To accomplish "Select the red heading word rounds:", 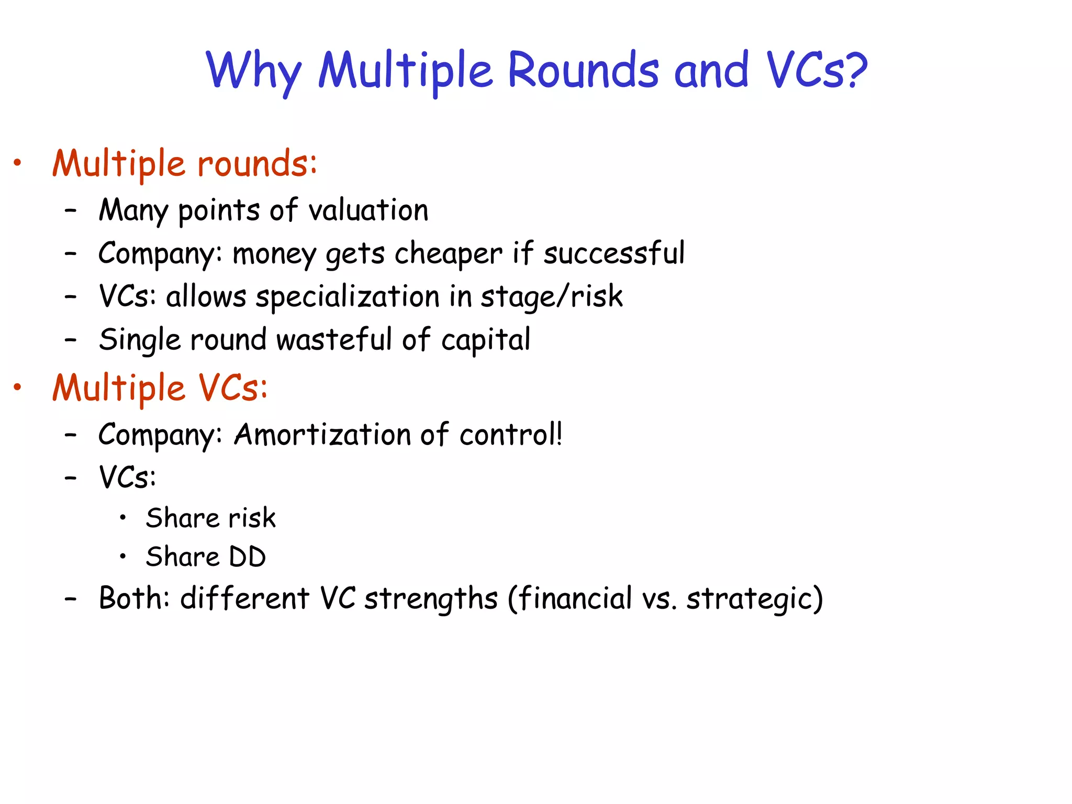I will [x=257, y=164].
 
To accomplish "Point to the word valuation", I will [x=368, y=210].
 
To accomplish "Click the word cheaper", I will [x=448, y=254].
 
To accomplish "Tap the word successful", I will [x=613, y=253].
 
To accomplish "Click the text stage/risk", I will [x=552, y=297].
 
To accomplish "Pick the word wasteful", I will [x=334, y=340].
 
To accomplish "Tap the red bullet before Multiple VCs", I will [x=17, y=388].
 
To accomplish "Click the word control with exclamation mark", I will [x=510, y=434].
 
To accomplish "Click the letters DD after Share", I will [x=247, y=557].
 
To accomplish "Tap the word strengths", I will [x=430, y=599].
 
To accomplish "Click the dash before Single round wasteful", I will [x=71, y=340].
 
